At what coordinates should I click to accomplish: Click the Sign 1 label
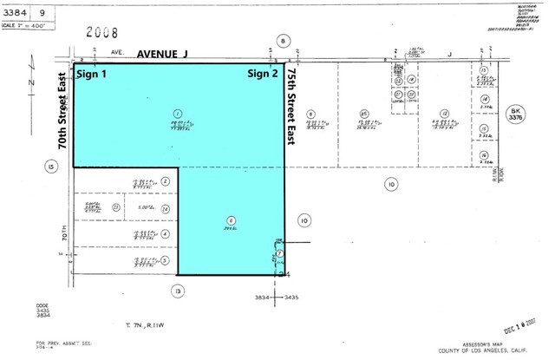point(94,74)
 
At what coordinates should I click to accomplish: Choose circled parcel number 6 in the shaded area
point(230,219)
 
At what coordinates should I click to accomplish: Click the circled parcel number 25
point(365,114)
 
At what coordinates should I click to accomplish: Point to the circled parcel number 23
point(114,207)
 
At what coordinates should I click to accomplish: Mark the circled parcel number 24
point(164,208)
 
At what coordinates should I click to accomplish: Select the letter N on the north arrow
point(29,83)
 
